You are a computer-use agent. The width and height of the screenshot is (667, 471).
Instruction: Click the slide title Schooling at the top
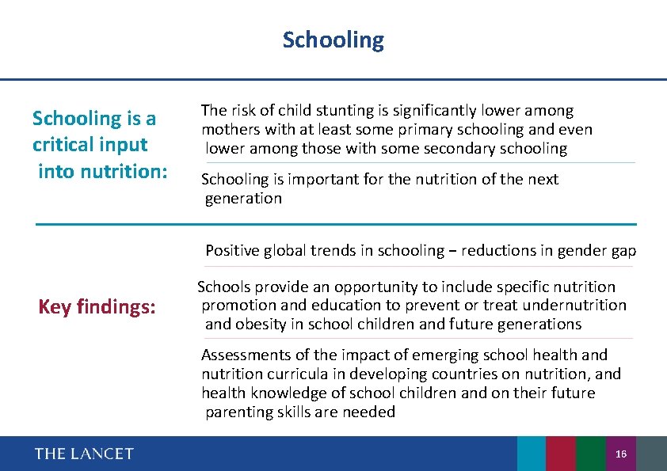tap(333, 40)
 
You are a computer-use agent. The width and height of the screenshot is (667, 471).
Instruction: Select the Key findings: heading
tap(97, 307)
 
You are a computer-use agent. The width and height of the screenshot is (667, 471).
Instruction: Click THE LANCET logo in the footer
tap(84, 454)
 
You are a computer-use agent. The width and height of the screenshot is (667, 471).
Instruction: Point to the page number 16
tap(620, 454)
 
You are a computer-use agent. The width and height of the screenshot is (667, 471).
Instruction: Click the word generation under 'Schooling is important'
tap(243, 199)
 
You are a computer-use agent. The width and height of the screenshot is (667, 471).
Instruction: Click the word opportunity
tap(376, 287)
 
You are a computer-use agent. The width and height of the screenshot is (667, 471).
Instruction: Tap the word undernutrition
tap(576, 306)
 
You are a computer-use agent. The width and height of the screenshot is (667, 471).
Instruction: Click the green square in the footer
tap(590, 454)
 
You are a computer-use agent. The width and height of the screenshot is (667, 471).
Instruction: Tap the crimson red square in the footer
tap(561, 454)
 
